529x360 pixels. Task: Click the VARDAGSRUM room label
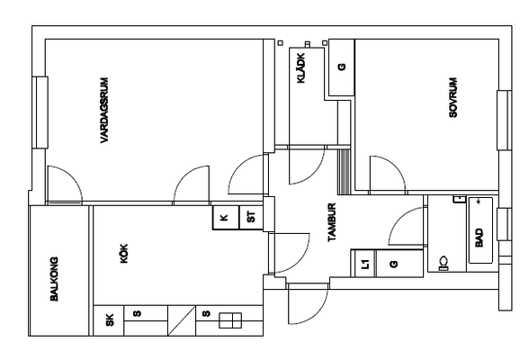coord(104,111)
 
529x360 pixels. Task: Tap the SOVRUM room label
coord(453,97)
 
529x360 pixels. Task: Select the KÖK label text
coord(124,254)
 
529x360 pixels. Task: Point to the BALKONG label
coord(54,279)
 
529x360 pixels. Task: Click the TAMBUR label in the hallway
coord(332,222)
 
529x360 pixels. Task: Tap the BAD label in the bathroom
coord(479,238)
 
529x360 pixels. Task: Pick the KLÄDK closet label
coord(300,67)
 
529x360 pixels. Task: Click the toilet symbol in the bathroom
coord(444,264)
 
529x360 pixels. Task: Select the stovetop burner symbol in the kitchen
coord(230,320)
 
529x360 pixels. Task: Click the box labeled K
coord(226,218)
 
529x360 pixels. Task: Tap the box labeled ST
coord(251,218)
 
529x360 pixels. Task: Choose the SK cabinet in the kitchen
coord(109,320)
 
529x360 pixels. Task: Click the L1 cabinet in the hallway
coord(363,264)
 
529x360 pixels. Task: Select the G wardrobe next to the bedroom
coord(342,67)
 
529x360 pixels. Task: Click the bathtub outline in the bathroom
coord(480,230)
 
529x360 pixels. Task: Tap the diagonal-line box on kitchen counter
coord(182,320)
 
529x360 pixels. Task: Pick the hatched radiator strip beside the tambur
coord(344,172)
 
